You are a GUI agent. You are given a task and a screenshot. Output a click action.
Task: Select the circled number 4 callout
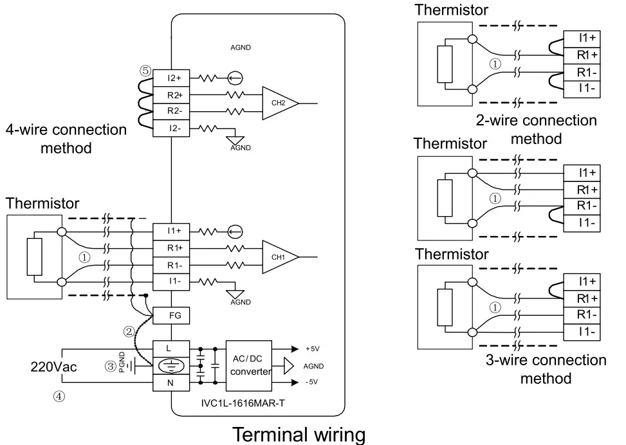pyautogui.click(x=59, y=397)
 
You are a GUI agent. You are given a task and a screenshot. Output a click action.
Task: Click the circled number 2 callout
pyautogui.click(x=129, y=332)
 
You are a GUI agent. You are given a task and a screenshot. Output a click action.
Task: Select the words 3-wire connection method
pyautogui.click(x=545, y=368)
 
